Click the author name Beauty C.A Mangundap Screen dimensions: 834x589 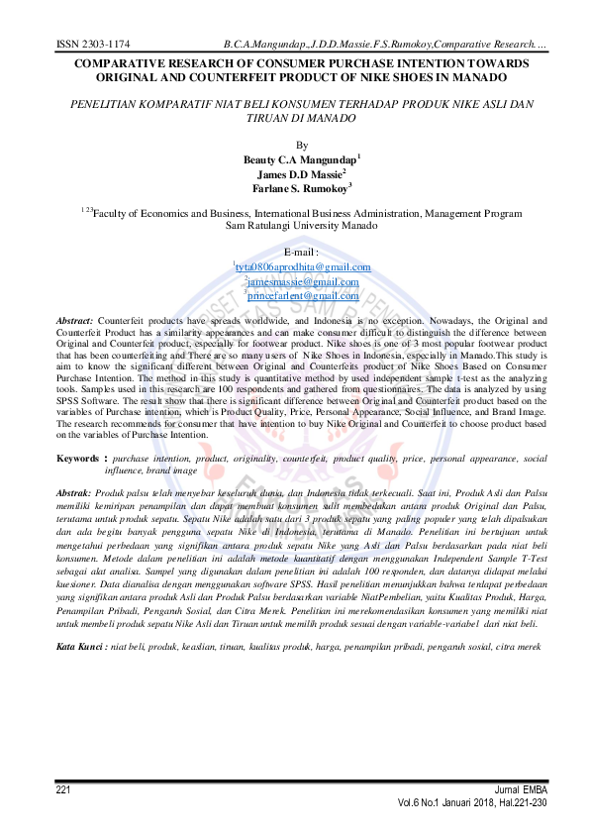coord(300,158)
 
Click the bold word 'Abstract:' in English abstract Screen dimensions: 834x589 coord(74,321)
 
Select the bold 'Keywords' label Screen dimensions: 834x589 coord(76,459)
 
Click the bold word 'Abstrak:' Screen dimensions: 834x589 coord(73,492)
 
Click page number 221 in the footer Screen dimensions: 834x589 coord(63,788)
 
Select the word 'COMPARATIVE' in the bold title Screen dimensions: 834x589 coord(111,63)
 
